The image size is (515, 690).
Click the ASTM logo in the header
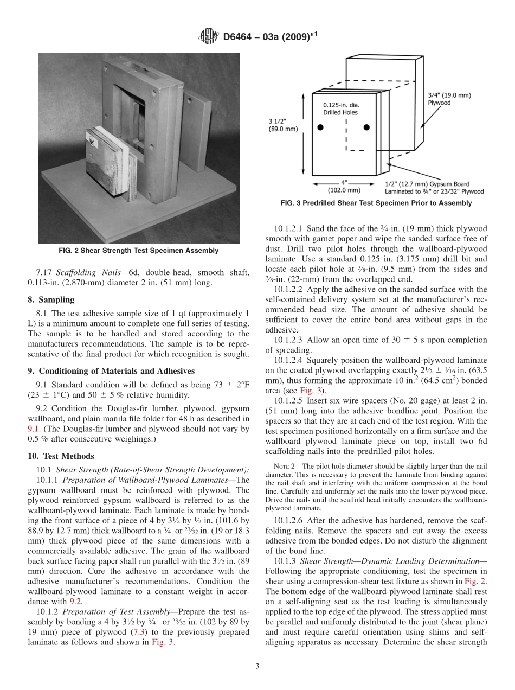[x=209, y=36]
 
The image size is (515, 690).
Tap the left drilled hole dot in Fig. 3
[x=320, y=127]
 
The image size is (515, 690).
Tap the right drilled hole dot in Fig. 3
[x=366, y=127]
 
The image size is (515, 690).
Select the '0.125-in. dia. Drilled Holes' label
[x=341, y=108]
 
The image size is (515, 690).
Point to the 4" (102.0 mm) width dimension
[x=344, y=187]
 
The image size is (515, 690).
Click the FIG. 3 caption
[x=376, y=203]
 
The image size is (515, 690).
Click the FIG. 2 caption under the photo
[x=138, y=251]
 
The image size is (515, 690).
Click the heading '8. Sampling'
[x=51, y=299]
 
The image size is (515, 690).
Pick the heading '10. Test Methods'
[x=60, y=456]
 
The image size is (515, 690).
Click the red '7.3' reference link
[x=132, y=632]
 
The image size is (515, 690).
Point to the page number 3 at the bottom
[x=257, y=667]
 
